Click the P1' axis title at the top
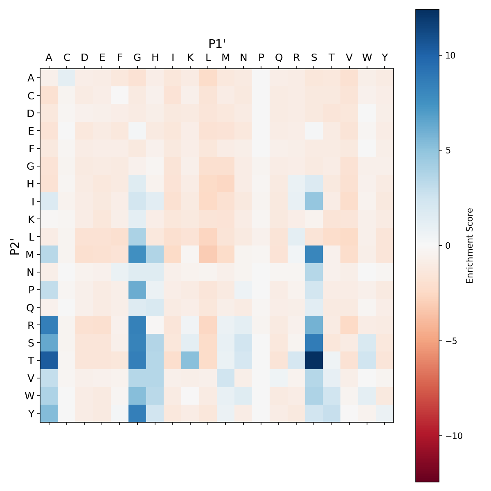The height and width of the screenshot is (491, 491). pyautogui.click(x=217, y=44)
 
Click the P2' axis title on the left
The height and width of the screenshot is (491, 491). pyautogui.click(x=15, y=245)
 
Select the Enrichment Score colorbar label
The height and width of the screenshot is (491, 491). pyautogui.click(x=470, y=245)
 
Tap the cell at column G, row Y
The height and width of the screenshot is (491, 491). pyautogui.click(x=137, y=414)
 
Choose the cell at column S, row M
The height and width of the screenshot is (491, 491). pyautogui.click(x=314, y=255)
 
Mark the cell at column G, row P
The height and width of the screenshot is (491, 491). pyautogui.click(x=137, y=290)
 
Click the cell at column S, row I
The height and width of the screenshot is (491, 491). pyautogui.click(x=314, y=201)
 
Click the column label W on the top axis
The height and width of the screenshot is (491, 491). pyautogui.click(x=367, y=58)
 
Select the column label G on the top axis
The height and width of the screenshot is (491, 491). pyautogui.click(x=137, y=58)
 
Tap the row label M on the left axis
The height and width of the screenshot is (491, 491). pyautogui.click(x=30, y=255)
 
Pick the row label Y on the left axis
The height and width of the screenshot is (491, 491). pyautogui.click(x=31, y=414)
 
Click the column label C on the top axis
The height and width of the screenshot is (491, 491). pyautogui.click(x=67, y=58)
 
